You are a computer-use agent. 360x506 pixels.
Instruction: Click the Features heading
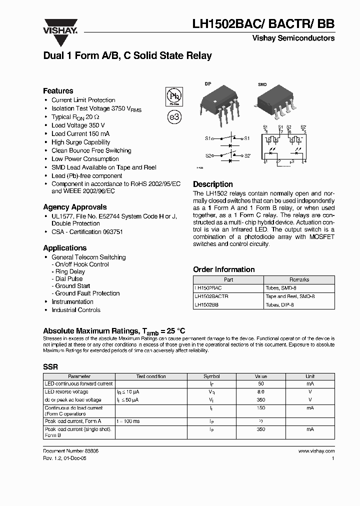point(58,91)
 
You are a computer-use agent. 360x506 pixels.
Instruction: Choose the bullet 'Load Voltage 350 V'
point(78,125)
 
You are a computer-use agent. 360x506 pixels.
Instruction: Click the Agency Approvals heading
point(74,207)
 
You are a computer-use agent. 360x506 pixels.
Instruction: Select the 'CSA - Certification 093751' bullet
point(87,232)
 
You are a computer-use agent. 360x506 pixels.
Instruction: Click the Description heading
point(213,184)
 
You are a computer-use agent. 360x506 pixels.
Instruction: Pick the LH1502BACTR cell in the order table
point(211,296)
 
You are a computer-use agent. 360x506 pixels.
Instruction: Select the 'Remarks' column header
point(299,280)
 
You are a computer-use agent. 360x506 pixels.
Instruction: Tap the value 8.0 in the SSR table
point(260,392)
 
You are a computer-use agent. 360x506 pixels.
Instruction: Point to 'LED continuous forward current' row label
point(78,384)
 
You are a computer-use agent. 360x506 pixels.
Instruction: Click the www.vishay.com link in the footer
point(316,450)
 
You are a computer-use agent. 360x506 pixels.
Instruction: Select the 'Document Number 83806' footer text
point(70,450)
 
